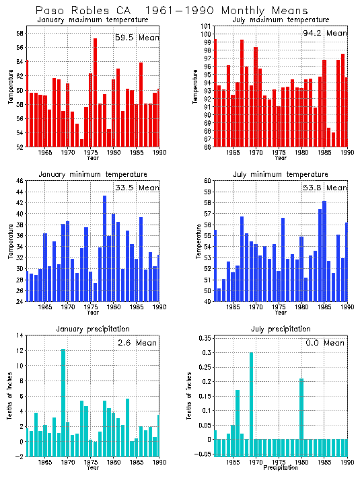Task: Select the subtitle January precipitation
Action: (x=93, y=329)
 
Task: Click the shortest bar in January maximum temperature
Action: (x=81, y=143)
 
